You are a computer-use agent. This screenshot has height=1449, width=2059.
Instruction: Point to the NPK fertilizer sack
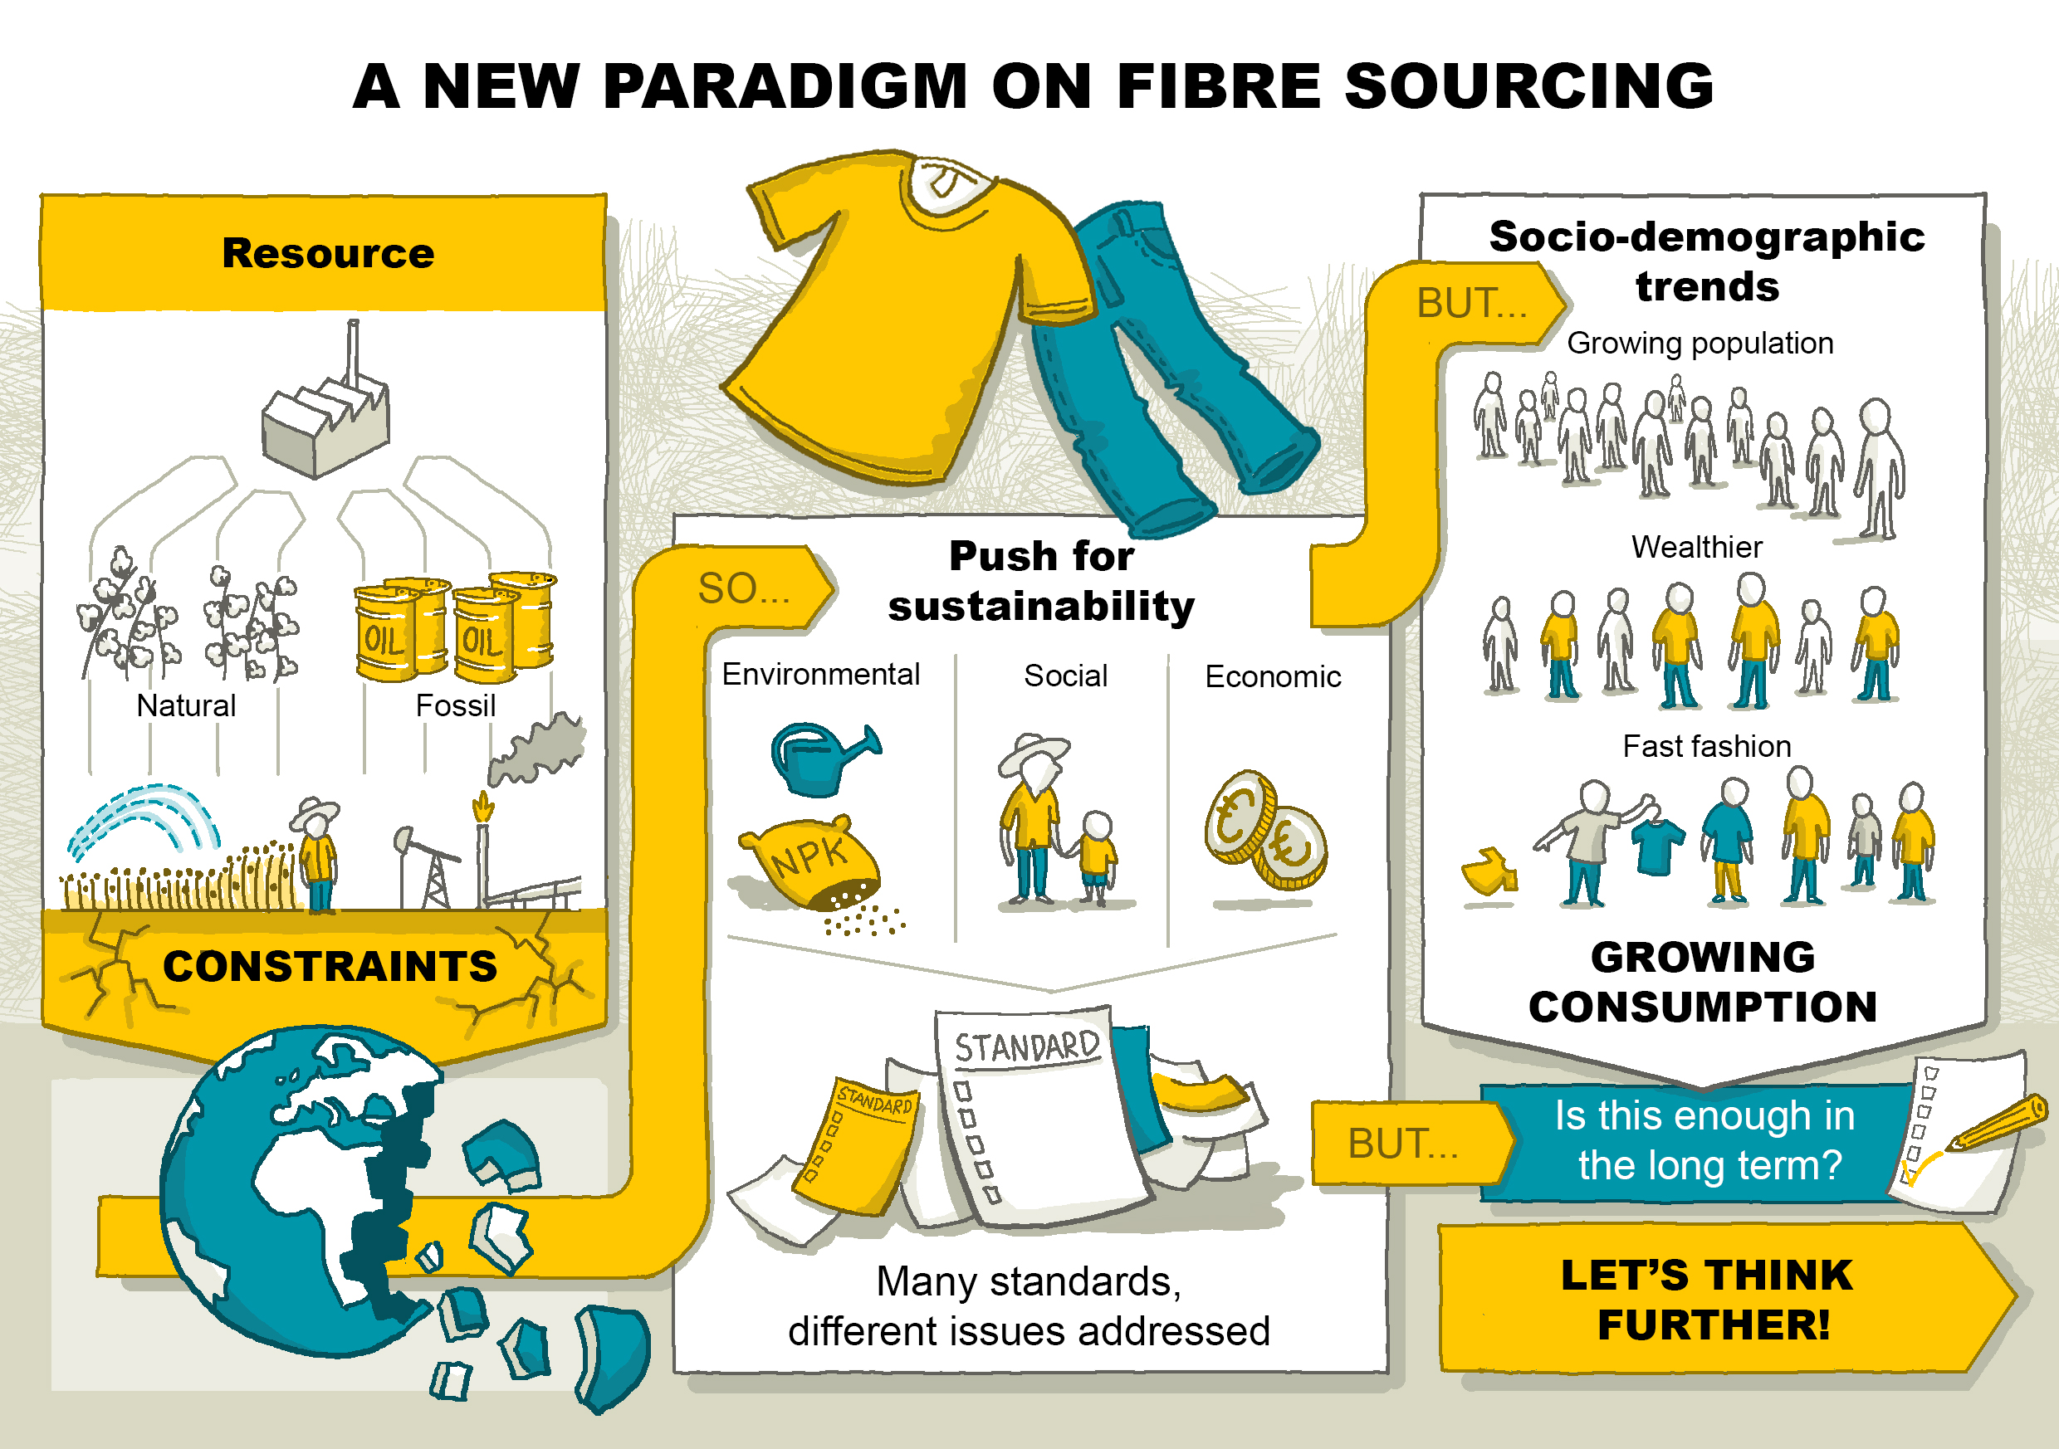coord(812,861)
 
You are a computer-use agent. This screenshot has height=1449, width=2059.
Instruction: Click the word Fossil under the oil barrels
coord(455,705)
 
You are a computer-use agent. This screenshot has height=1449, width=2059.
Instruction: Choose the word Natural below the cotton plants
coord(186,705)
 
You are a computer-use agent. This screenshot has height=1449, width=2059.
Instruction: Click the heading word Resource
coord(327,253)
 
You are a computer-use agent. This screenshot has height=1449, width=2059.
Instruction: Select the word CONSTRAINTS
coord(329,967)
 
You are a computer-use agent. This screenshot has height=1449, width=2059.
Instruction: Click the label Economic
coord(1273,676)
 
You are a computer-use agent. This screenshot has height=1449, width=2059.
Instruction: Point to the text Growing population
coord(1700,344)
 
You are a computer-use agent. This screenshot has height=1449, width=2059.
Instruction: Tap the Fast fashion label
coord(1707,746)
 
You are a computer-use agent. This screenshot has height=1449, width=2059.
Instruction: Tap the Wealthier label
coord(1697,547)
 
